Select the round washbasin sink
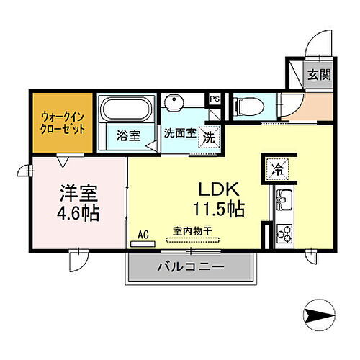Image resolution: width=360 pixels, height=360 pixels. (x=174, y=101)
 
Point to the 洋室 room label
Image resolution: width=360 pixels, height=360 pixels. (x=79, y=194)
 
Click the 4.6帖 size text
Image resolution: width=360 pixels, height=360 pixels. (x=79, y=214)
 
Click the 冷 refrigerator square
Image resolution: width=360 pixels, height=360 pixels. (x=277, y=170)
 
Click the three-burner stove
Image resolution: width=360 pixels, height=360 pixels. (x=282, y=233)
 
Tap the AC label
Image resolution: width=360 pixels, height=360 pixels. (x=144, y=234)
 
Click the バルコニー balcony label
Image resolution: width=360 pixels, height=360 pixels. (x=190, y=267)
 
